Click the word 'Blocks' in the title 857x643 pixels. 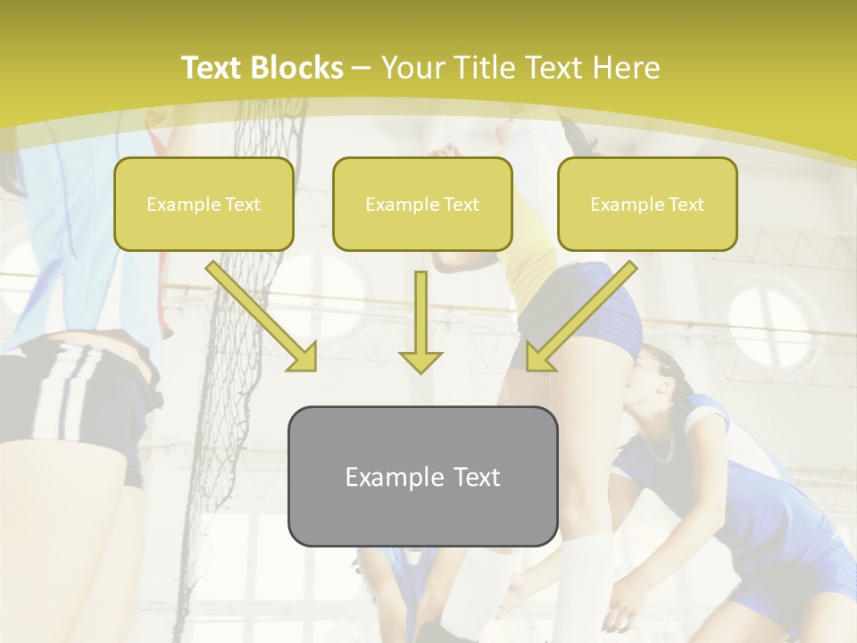tap(297, 68)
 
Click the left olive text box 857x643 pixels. tap(204, 204)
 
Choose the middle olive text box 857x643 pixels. tap(422, 204)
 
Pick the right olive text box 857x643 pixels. tap(647, 204)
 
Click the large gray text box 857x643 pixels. tap(422, 476)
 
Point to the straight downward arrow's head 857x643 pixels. tap(420, 361)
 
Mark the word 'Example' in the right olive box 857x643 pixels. tap(626, 205)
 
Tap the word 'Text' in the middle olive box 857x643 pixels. tap(461, 205)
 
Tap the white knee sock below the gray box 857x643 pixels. tap(585, 580)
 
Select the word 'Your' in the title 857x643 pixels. tap(411, 68)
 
